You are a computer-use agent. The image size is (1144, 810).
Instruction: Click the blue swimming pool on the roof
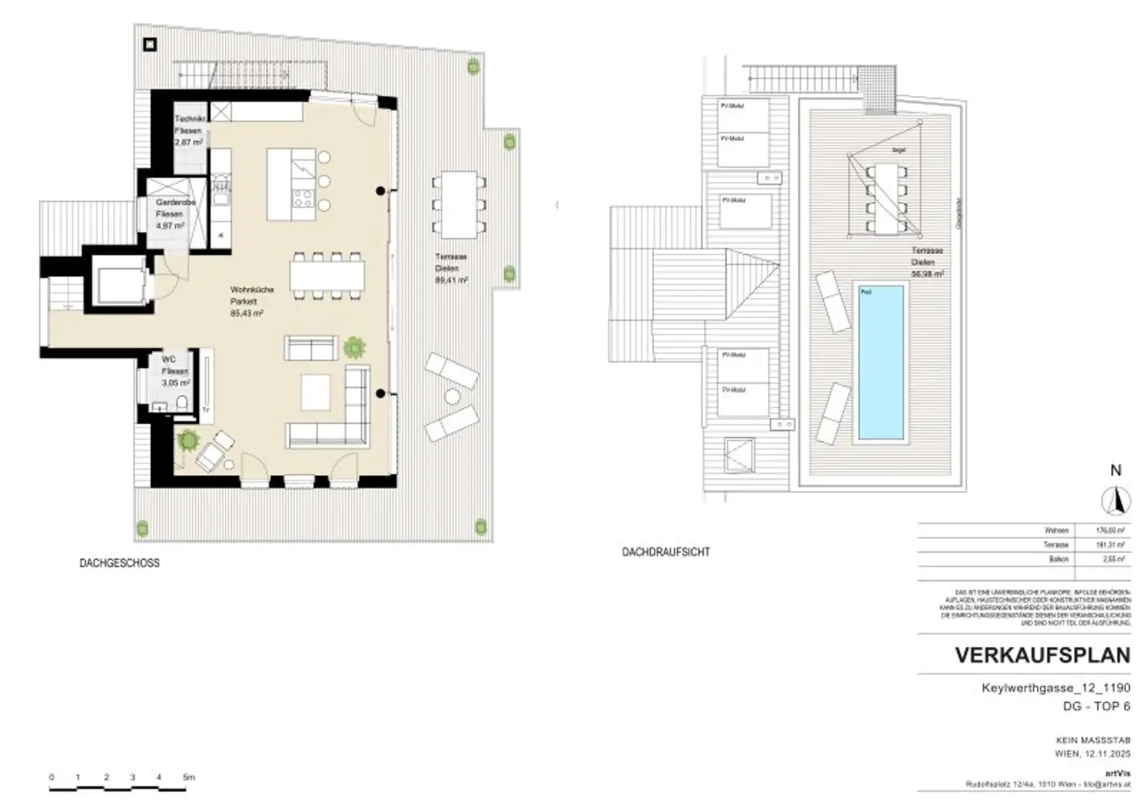click(x=881, y=362)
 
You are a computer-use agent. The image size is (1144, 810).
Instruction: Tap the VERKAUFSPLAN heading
click(x=1042, y=655)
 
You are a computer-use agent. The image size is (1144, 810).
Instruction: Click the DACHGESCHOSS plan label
click(x=119, y=563)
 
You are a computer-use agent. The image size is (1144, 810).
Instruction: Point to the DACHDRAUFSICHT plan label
click(x=666, y=552)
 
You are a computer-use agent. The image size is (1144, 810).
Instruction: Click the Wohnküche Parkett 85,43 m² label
click(x=247, y=302)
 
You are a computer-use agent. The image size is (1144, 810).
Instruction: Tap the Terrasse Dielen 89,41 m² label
click(x=451, y=268)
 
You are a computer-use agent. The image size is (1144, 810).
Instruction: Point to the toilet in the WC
click(x=181, y=403)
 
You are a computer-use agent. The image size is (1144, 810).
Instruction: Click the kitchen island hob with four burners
click(x=302, y=197)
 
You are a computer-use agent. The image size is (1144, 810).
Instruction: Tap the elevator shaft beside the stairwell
click(x=119, y=282)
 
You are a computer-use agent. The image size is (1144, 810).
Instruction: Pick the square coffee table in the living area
click(x=316, y=391)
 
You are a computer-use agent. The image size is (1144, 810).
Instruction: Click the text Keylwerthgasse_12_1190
click(x=1055, y=688)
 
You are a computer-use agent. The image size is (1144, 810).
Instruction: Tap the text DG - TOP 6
click(x=1096, y=706)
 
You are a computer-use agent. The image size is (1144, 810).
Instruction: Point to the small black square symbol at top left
click(x=150, y=45)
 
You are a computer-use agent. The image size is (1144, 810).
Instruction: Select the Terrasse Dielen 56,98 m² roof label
click(x=927, y=262)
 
